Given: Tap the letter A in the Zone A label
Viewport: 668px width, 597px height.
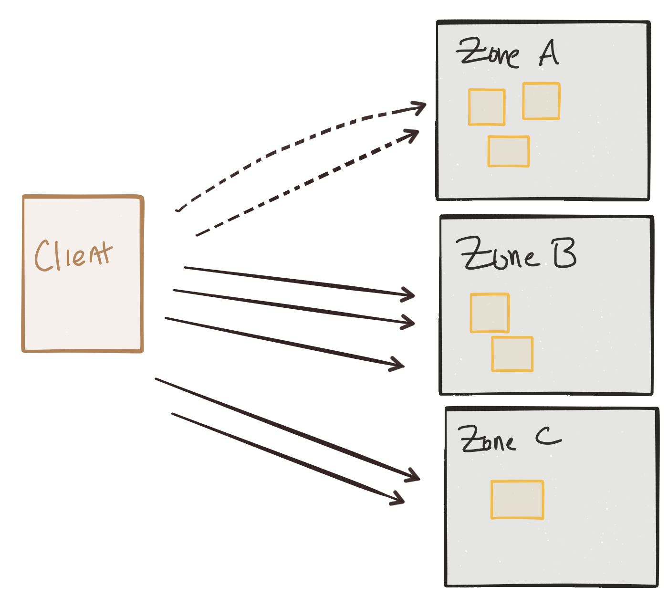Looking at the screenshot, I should coord(549,53).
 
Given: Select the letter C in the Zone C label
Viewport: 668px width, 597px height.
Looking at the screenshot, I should coord(548,435).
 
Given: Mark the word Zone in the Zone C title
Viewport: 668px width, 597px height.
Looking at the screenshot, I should coord(486,440).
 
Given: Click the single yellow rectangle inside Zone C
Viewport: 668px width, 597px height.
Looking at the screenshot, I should coord(517,499).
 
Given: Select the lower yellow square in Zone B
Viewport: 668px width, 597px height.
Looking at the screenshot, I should coord(512,354).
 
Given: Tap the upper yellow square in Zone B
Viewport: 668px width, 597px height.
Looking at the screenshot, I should coord(490,313).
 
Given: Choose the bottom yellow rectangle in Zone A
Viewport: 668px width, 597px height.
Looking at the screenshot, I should coord(508,151).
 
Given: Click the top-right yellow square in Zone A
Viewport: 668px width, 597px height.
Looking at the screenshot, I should coord(541,101).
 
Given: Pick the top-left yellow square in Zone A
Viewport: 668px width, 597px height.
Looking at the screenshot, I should coord(487,107).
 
